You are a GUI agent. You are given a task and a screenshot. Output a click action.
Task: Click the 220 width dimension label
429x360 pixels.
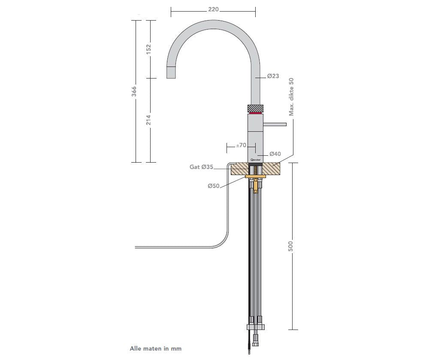214,9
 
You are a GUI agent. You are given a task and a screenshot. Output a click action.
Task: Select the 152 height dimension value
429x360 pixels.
149,49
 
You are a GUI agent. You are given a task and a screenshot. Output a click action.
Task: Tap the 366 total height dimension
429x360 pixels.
134,91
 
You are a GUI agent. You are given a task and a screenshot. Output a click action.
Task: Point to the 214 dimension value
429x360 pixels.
149,120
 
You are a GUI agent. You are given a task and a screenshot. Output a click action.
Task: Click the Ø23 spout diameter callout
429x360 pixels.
273,76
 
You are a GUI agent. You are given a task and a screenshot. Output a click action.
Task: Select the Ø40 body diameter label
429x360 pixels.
275,154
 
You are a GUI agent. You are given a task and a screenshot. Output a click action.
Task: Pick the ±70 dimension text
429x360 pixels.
241,145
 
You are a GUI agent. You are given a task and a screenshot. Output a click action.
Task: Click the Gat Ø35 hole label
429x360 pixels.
201,167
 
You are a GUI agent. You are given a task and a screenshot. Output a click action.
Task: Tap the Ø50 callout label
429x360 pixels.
213,186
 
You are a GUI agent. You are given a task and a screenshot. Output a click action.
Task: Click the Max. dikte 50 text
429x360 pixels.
291,97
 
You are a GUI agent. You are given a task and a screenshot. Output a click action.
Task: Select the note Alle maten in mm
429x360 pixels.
156,348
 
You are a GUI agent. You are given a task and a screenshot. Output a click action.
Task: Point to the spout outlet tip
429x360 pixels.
171,73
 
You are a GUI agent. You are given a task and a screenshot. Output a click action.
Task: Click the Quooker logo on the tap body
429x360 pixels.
255,159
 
